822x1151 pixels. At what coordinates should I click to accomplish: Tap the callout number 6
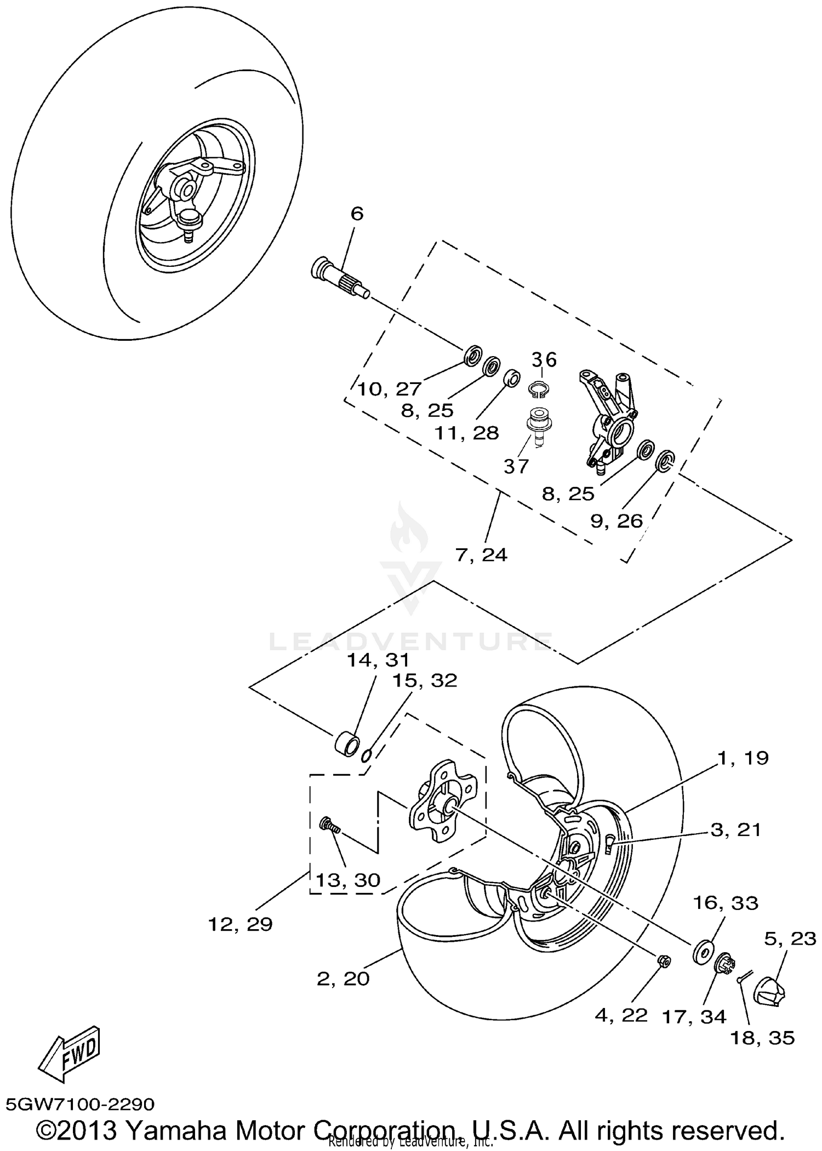357,214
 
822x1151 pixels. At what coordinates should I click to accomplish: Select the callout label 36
544,360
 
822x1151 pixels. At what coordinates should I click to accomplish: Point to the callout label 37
516,466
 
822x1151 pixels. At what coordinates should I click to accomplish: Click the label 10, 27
389,389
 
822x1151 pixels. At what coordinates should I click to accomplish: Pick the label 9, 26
616,520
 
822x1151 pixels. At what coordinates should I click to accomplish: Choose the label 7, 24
481,555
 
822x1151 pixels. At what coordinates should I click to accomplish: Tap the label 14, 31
378,660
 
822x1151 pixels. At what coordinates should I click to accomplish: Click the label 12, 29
240,924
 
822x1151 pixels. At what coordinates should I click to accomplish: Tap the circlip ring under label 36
539,390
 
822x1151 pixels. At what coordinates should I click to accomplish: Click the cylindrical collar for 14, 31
346,746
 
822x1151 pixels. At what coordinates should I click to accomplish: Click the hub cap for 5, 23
769,990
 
